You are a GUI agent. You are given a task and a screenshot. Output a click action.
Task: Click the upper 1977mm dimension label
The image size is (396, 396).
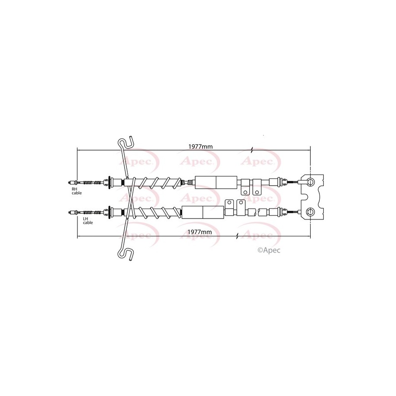(200, 146)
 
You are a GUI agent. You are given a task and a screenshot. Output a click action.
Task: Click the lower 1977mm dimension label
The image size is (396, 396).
(200, 232)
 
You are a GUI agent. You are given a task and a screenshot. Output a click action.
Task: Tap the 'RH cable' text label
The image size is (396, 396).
(76, 191)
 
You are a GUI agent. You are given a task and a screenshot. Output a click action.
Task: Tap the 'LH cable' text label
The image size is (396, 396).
(87, 220)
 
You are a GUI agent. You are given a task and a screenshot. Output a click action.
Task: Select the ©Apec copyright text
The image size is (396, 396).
(269, 250)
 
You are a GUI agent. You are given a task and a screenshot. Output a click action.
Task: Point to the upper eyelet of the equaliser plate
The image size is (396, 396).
(310, 182)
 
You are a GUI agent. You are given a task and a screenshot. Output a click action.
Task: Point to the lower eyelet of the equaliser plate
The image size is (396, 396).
(310, 211)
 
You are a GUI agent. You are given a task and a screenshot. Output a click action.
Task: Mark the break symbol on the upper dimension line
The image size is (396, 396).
(252, 150)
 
